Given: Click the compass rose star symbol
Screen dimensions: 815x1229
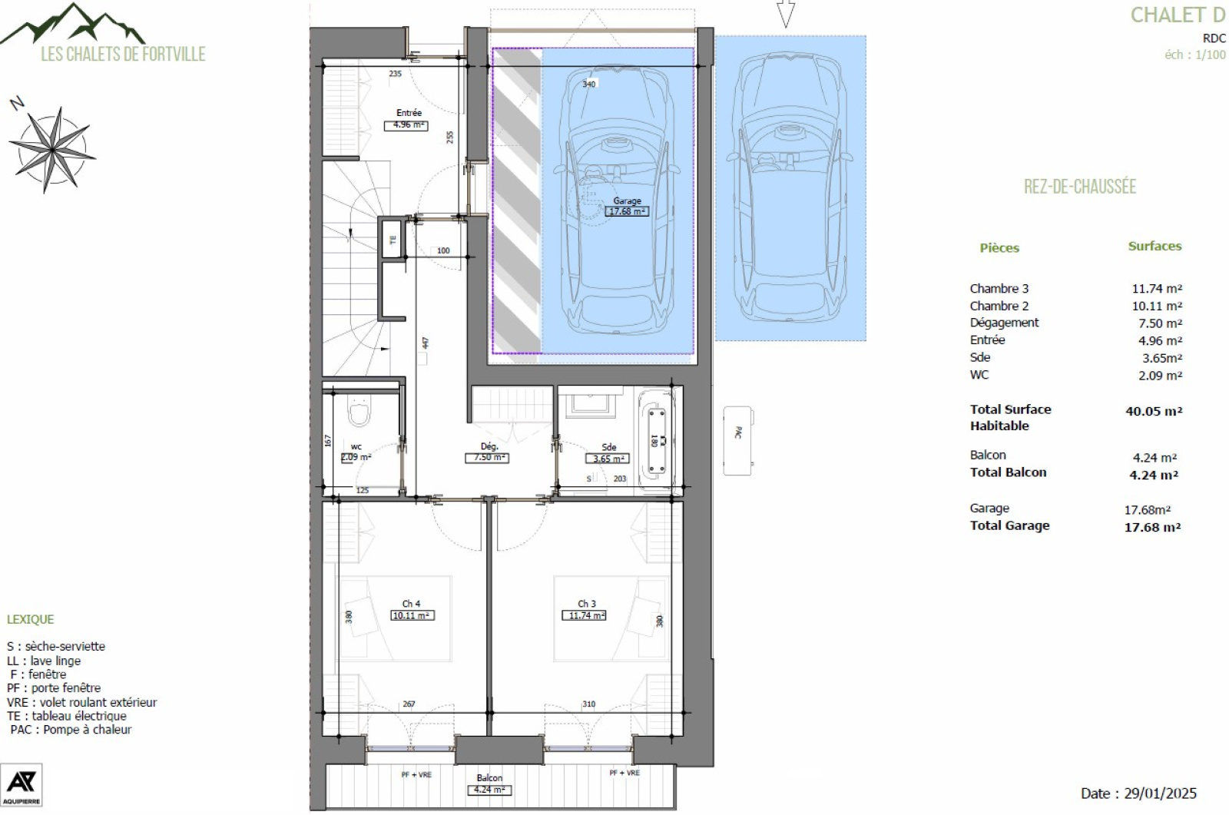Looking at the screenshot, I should (x=52, y=148).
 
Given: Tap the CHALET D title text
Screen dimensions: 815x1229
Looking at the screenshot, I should (x=1177, y=15).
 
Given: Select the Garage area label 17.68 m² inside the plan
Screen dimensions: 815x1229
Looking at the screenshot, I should (x=627, y=211).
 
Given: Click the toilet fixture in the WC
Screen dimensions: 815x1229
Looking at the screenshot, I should (x=359, y=412).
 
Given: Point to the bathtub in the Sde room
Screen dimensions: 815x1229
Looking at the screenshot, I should (x=657, y=440).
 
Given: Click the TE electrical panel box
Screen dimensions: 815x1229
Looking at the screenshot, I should (x=393, y=240).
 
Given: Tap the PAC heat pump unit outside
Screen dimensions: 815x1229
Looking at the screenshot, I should (x=737, y=440).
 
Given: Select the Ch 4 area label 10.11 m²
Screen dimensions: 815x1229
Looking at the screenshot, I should (x=412, y=615).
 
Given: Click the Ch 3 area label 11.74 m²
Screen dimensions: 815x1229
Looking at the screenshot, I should (x=586, y=615).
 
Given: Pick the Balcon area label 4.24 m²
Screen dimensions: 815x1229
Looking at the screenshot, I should (x=489, y=790).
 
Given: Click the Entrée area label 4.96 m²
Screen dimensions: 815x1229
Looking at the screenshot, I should (x=405, y=124).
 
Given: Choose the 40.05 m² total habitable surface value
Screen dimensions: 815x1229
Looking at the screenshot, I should (x=1153, y=411).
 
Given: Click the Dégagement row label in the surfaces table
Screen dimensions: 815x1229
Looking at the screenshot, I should (x=1003, y=323).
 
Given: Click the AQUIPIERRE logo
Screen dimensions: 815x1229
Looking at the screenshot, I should (x=21, y=784).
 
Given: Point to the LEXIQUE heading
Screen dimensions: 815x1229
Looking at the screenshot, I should (x=31, y=619).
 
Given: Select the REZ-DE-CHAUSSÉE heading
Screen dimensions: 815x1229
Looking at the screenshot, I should (x=1079, y=187).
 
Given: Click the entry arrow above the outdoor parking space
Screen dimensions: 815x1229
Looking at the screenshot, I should (x=785, y=13).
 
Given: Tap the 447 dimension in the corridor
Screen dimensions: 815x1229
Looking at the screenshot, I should (x=425, y=343).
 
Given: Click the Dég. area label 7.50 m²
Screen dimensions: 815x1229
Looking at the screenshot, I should (x=487, y=458).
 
